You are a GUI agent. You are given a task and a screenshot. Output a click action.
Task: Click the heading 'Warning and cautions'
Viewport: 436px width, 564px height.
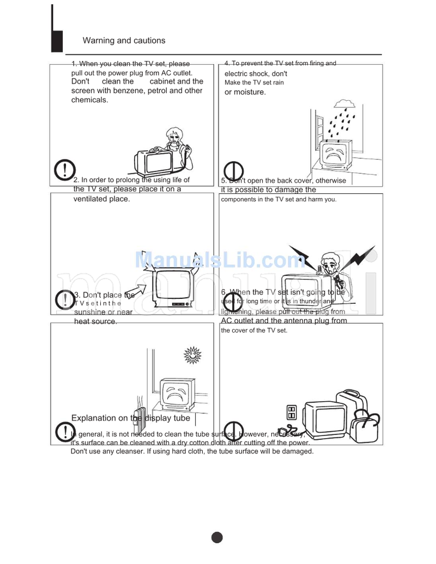[x=124, y=41]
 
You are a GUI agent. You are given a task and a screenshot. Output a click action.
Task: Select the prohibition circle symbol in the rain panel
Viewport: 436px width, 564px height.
[x=233, y=171]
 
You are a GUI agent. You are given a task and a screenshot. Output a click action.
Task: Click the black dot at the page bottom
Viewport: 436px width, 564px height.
[x=217, y=537]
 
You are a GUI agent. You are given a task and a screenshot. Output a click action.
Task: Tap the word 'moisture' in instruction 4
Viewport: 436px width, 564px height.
[x=250, y=92]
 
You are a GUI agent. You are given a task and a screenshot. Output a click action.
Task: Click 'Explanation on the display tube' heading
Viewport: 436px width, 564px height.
[x=131, y=418]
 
